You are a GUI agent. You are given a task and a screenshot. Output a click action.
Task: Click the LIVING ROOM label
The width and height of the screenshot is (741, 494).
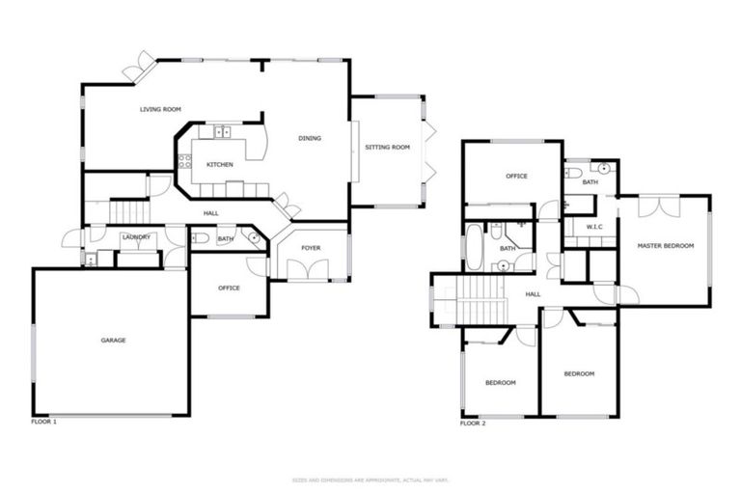[160, 109]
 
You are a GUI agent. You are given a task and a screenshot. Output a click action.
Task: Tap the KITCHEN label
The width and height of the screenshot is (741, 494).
[220, 165]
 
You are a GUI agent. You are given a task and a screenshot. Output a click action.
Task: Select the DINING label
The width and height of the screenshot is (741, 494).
[309, 138]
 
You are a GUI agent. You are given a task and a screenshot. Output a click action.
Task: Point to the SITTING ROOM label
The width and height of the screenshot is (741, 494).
[387, 148]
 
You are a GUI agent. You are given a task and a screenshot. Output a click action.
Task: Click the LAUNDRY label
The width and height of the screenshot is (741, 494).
[136, 236]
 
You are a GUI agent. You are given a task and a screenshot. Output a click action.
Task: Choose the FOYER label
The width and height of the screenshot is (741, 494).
[311, 248]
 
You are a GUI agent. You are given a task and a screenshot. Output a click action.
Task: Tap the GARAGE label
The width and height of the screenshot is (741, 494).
[114, 340]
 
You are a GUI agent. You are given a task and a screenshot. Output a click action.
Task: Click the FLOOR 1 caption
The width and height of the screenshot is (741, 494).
[44, 423]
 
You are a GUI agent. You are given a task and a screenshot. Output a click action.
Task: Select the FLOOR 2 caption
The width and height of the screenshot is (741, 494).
[473, 423]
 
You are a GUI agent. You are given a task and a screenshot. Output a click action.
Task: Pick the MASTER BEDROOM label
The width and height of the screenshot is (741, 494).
[666, 246]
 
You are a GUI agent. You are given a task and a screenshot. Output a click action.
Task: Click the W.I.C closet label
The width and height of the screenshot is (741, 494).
[594, 228]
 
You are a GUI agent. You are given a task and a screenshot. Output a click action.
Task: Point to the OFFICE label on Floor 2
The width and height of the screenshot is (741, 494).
[516, 176]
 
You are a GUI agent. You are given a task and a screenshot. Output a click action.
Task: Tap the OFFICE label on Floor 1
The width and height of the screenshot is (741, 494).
[229, 288]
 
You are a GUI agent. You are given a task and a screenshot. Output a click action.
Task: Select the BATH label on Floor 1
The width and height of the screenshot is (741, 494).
[225, 239]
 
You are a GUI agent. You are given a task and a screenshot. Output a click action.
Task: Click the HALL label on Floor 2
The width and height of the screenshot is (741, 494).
[533, 294]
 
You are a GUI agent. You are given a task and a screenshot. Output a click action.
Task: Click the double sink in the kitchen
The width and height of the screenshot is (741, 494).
[223, 132]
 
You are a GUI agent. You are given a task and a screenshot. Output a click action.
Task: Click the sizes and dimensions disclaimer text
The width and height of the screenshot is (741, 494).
[370, 480]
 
